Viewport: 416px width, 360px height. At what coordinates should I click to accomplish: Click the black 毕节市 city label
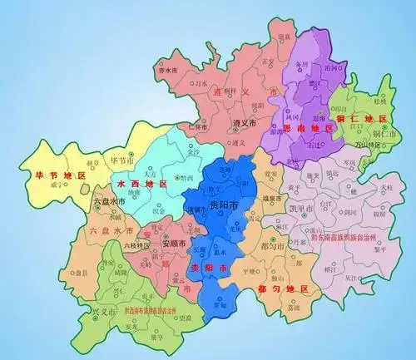126,160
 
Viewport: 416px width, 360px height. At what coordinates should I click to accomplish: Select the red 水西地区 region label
137,184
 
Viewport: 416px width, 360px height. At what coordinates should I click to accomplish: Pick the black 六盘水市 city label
108,202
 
